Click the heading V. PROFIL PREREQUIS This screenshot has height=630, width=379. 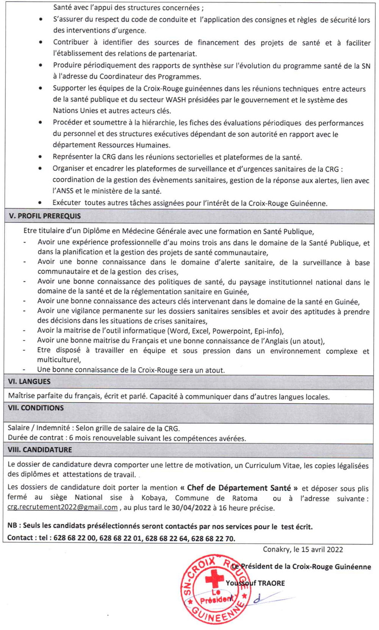(x=45, y=216)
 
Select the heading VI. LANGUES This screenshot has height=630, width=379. (x=29, y=381)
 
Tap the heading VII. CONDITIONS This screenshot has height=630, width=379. (x=36, y=408)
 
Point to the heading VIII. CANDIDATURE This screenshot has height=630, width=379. (x=40, y=450)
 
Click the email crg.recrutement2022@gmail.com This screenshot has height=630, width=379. (x=63, y=508)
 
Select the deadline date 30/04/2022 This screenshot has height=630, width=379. (x=191, y=508)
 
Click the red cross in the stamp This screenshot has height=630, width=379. (x=214, y=578)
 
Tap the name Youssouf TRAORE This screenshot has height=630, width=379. (x=255, y=583)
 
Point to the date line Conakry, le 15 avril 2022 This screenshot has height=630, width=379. (x=303, y=549)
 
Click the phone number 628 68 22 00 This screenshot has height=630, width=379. (x=75, y=538)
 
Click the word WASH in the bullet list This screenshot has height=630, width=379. (x=176, y=100)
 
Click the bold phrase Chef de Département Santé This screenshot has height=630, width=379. (x=239, y=488)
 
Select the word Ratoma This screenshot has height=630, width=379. (x=244, y=498)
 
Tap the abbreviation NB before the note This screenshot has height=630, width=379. (x=12, y=526)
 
